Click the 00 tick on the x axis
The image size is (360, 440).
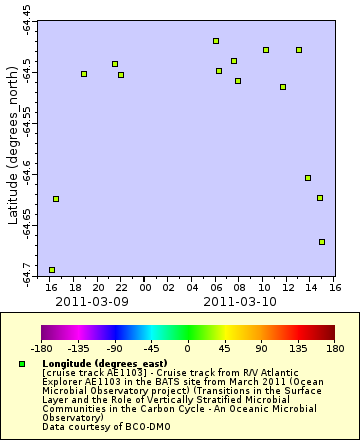tap(145, 287)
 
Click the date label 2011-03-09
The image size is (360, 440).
tap(91, 301)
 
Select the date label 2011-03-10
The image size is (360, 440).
tap(239, 301)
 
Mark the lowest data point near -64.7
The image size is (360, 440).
tap(52, 270)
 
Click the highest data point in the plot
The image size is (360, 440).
tap(216, 41)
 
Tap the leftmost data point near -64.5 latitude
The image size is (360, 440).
tap(84, 74)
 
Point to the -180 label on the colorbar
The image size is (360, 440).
tap(41, 349)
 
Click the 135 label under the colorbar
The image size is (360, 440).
tap(298, 349)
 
